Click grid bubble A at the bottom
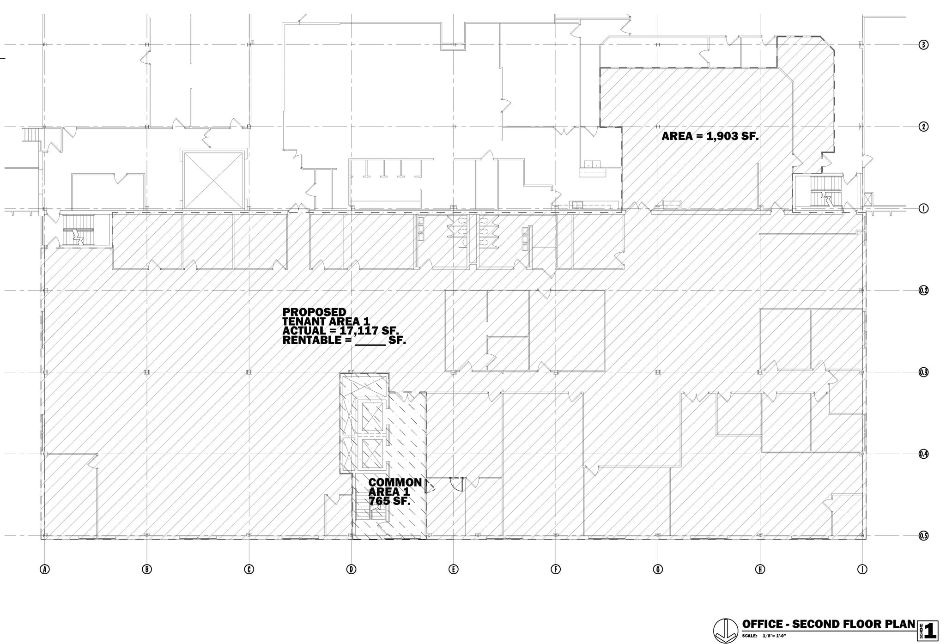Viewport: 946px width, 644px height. pyautogui.click(x=45, y=569)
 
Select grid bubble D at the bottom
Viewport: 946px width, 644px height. pyautogui.click(x=351, y=569)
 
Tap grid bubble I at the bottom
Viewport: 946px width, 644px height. pyautogui.click(x=862, y=569)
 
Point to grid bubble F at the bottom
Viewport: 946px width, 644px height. pyautogui.click(x=556, y=569)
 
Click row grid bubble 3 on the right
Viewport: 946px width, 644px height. pyautogui.click(x=923, y=45)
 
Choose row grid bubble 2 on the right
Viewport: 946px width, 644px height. pyautogui.click(x=923, y=127)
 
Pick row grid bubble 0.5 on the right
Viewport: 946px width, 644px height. pyautogui.click(x=923, y=536)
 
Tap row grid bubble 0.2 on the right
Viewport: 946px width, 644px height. pyautogui.click(x=923, y=291)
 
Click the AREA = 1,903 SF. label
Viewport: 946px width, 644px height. pyautogui.click(x=709, y=136)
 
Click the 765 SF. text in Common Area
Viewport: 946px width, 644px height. pyautogui.click(x=389, y=501)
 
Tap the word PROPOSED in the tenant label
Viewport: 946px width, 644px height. pyautogui.click(x=314, y=312)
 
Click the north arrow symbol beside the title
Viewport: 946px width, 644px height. pyautogui.click(x=726, y=630)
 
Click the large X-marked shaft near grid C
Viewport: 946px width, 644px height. pyautogui.click(x=213, y=180)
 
